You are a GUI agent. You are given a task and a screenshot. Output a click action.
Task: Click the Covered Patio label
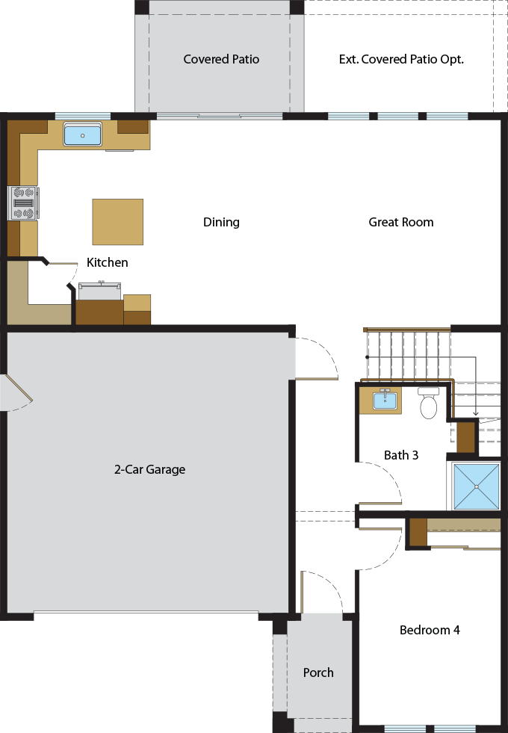[221, 59]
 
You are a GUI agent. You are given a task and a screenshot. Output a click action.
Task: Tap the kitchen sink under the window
[82, 134]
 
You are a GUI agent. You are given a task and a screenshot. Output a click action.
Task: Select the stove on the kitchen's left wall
[23, 202]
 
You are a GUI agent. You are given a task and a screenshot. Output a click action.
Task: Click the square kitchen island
[117, 222]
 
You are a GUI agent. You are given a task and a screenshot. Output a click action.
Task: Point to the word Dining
[221, 222]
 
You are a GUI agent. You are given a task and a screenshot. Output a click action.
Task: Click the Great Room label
[400, 222]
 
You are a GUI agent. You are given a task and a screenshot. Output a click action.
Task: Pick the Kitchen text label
[107, 262]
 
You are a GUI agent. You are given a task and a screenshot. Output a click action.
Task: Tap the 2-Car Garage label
[149, 469]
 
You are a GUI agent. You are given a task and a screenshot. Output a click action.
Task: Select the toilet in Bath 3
[428, 404]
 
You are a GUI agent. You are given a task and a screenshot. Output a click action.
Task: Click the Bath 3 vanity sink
[385, 400]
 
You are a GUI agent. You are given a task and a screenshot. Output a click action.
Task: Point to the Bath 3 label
[400, 454]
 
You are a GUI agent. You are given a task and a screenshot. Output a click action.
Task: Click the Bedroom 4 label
[430, 630]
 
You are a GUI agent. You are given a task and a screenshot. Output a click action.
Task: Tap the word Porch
[318, 672]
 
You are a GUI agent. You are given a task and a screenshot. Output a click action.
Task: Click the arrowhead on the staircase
[476, 412]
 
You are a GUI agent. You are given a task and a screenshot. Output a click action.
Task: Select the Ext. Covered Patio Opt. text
[401, 59]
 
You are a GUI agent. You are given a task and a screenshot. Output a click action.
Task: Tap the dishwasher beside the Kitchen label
[99, 291]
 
